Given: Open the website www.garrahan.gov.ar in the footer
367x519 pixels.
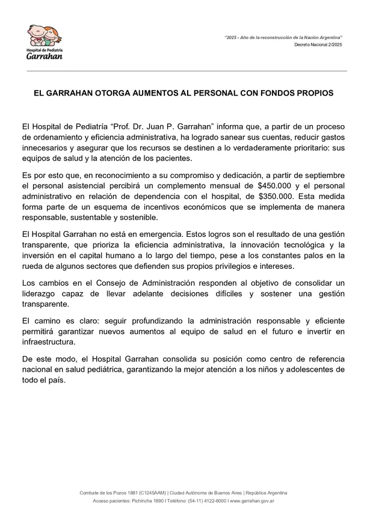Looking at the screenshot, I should pos(252,501).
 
